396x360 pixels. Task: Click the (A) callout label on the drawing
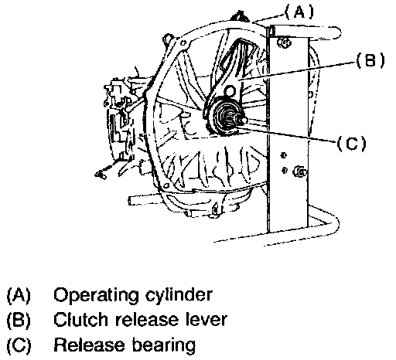pos(299,12)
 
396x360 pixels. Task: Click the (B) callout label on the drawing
pos(370,60)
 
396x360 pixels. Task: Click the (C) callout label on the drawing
pos(351,143)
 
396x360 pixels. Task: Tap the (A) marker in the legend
pos(19,295)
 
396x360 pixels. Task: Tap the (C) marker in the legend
pos(19,345)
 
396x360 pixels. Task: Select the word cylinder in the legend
pos(179,294)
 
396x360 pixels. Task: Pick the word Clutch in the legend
pos(80,319)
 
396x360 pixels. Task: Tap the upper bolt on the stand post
pos(284,42)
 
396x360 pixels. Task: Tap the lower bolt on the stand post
pos(300,172)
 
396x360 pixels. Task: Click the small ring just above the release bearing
pos(230,91)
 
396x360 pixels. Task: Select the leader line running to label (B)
pos(296,71)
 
